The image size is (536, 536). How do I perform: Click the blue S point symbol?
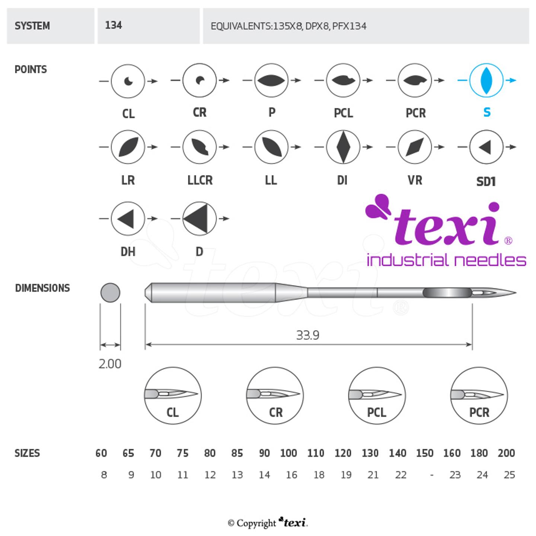(486, 80)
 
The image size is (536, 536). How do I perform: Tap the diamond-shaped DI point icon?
(343, 147)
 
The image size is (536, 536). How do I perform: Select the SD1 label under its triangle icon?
(486, 181)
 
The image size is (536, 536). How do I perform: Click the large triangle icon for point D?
(199, 218)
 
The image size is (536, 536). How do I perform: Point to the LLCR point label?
(200, 180)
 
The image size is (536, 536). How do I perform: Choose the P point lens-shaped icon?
(271, 80)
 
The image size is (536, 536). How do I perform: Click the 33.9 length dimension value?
(308, 335)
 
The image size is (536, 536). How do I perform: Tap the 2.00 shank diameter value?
(110, 364)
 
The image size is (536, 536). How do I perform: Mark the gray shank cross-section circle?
(110, 293)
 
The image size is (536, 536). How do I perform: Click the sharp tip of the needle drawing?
(515, 293)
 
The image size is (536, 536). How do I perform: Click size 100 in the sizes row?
(288, 453)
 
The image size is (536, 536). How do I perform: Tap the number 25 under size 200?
(509, 475)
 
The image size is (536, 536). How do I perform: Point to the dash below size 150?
(431, 475)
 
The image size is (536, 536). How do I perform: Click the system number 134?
(114, 25)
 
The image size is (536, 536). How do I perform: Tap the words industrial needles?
(446, 260)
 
